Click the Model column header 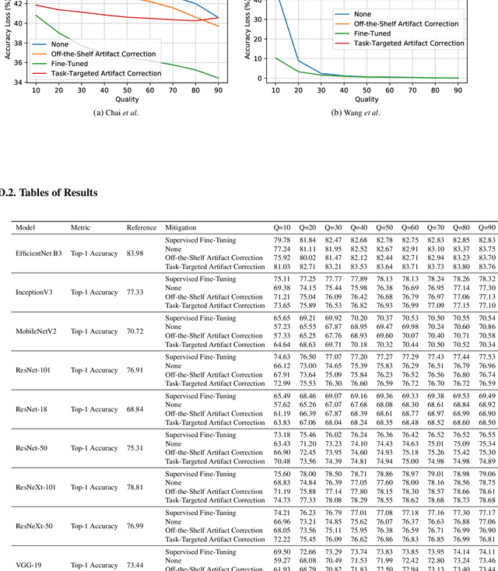pos(26,228)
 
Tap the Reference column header pos(141,228)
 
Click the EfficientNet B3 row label pos(39,254)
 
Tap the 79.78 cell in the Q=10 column pos(282,240)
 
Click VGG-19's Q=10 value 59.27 pos(282,559)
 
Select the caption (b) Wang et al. pos(356,113)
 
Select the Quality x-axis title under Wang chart pos(366,99)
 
